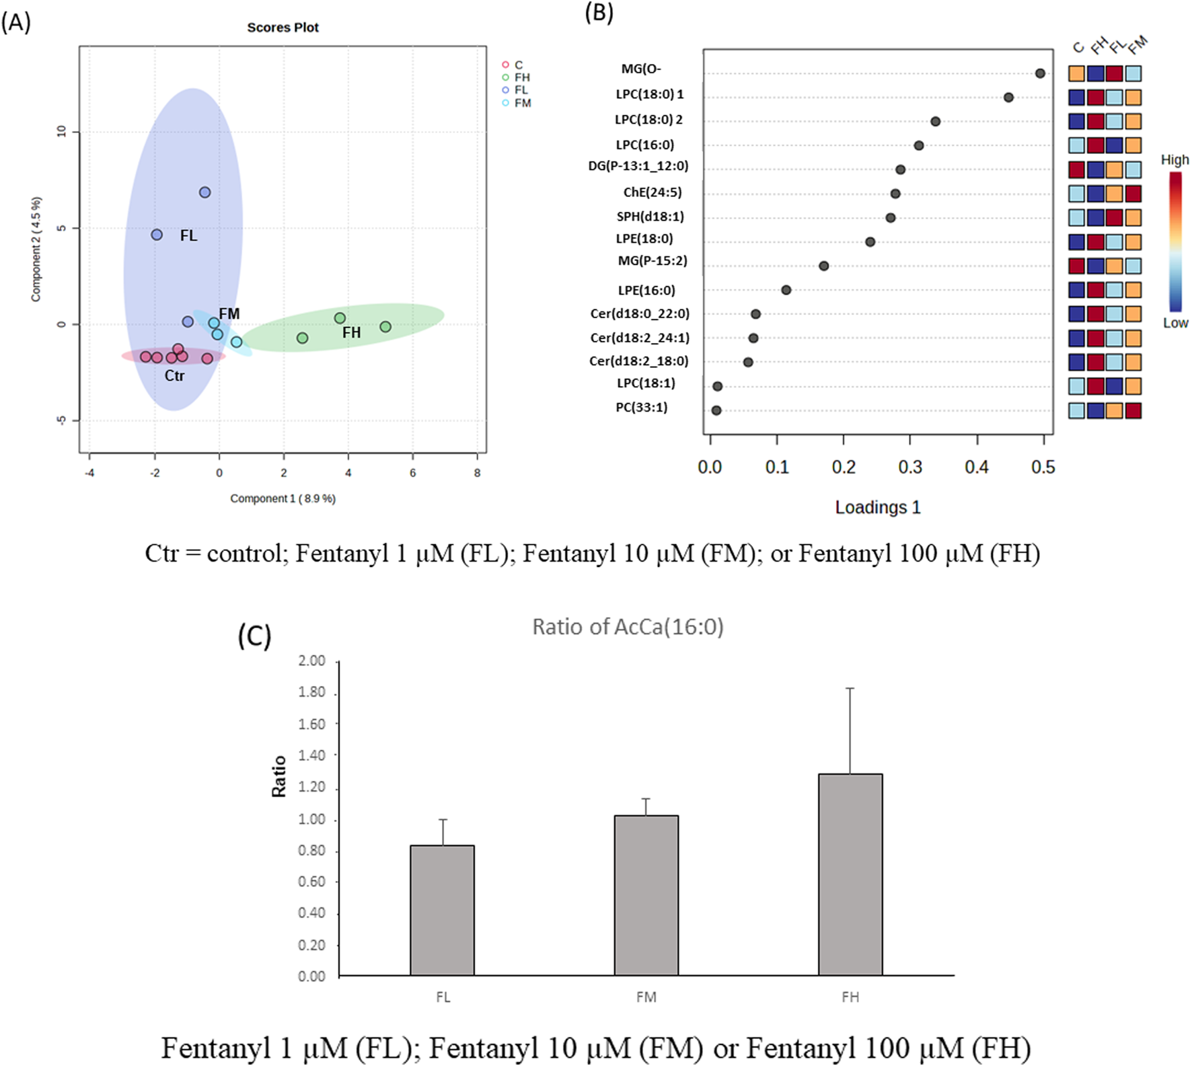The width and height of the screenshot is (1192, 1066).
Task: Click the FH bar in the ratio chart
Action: click(x=850, y=874)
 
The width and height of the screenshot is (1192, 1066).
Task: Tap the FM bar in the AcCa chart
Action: click(x=646, y=895)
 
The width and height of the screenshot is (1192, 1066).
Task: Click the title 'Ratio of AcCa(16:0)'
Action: click(x=628, y=627)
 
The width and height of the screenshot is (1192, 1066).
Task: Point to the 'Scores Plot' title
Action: click(x=283, y=28)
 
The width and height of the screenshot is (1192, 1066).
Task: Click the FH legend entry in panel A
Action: click(x=522, y=77)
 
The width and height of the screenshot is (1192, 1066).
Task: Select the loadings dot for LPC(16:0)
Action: click(x=919, y=145)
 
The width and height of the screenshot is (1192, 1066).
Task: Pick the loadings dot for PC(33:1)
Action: click(x=716, y=410)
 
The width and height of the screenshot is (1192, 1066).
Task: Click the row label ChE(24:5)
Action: click(x=652, y=192)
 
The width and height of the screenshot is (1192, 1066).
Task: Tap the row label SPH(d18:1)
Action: click(x=650, y=217)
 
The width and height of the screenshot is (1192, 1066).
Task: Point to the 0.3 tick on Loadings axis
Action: click(x=910, y=467)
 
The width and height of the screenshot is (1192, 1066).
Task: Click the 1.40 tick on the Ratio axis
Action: click(x=311, y=755)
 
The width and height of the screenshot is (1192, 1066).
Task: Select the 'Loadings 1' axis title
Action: click(x=877, y=507)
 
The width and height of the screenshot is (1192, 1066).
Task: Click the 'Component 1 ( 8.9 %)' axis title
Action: click(x=283, y=498)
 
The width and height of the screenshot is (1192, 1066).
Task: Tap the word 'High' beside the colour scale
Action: click(x=1175, y=160)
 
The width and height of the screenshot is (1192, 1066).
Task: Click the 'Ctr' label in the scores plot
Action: click(x=174, y=376)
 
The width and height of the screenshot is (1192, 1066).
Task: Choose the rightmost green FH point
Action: click(x=385, y=327)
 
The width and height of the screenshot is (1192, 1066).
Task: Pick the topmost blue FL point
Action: click(x=204, y=192)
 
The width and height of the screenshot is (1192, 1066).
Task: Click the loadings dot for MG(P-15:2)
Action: click(x=824, y=266)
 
